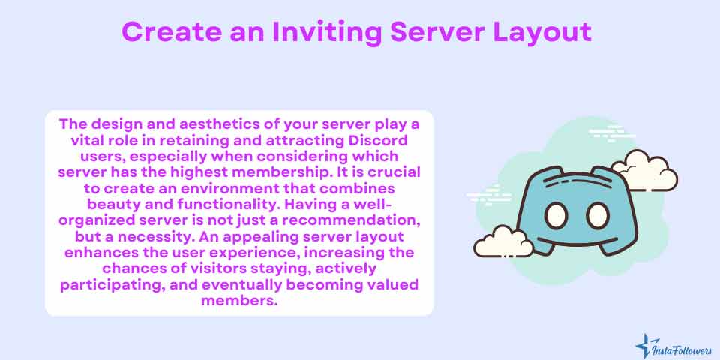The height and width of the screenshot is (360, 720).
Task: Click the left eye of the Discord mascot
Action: pos(556,216)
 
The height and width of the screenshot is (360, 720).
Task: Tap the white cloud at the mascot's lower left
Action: pos(503,241)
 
